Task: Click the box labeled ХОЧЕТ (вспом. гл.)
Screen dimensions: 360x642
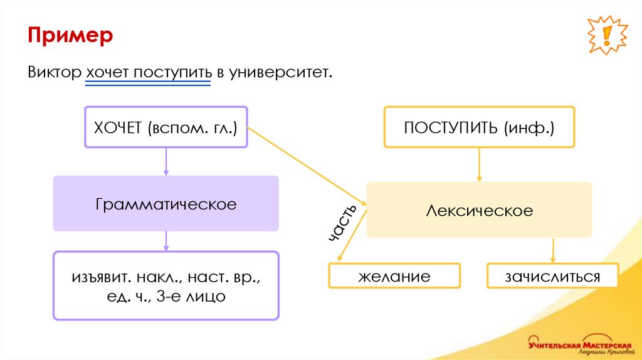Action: coord(166,127)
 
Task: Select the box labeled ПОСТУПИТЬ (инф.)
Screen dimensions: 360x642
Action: coord(480,127)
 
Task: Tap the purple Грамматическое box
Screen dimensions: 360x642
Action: coord(166,203)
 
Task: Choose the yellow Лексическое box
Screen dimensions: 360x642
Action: coord(480,209)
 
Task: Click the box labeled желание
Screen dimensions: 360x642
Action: coord(394,276)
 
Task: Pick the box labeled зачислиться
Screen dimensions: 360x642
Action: coord(552,276)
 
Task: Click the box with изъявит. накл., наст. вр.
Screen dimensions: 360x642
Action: coord(166,285)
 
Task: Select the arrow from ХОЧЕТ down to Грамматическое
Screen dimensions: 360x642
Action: coord(166,162)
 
